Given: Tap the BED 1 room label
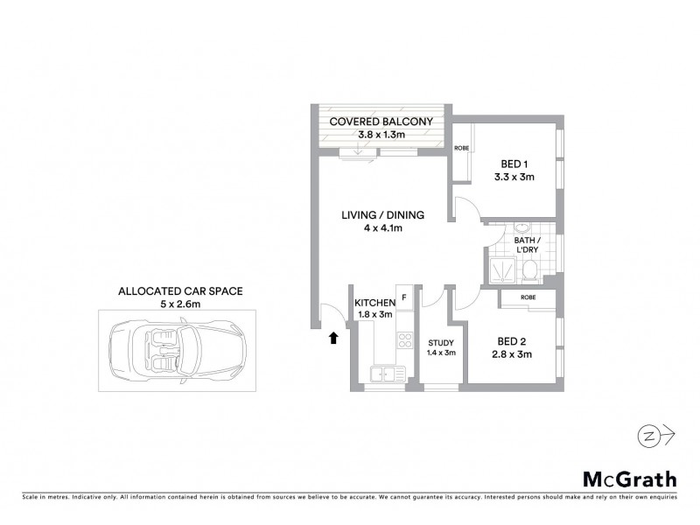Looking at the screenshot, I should pos(514,164).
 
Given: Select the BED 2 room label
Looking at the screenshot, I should pos(512,341).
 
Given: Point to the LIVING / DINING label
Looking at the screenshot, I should pos(383,215).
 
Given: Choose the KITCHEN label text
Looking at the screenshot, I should pos(374,303).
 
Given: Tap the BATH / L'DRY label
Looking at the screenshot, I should pos(526,245).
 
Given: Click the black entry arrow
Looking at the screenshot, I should pos(333,337).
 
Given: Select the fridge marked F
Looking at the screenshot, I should pos(404,297).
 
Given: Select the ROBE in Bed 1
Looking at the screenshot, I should pos(461,148).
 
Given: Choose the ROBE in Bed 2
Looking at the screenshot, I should pos(528,297).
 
